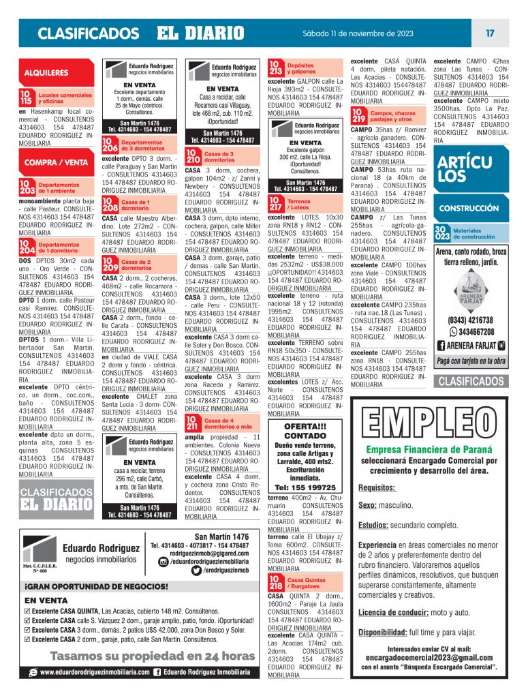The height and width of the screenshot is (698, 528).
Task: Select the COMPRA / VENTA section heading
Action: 56,162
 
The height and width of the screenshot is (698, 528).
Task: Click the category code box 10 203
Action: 27,187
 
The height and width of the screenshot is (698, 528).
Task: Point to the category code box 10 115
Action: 27,97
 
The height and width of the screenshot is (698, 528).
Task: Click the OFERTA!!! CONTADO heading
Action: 305,431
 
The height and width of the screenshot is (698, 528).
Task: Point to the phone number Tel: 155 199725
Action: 305,487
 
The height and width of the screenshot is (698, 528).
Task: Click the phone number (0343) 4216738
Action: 471,320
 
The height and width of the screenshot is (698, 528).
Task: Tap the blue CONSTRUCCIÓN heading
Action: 469,209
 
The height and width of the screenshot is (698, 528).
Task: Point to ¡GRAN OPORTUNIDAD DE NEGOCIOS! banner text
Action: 96,586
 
